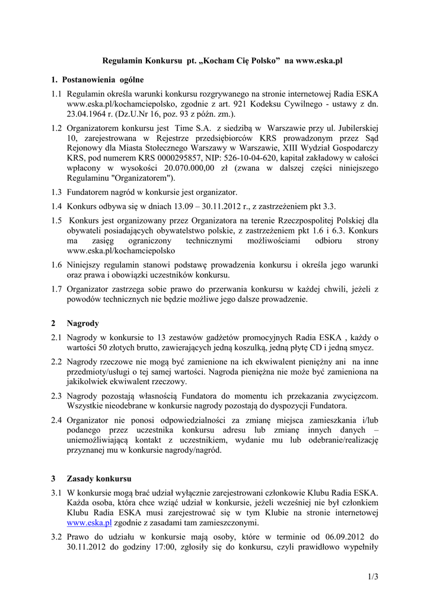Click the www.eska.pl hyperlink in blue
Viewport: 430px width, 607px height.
coord(89,523)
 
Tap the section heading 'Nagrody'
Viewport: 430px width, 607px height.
coord(83,324)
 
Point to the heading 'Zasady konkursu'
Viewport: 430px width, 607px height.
coord(100,478)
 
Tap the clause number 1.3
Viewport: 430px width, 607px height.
coord(57,192)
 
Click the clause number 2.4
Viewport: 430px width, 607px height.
coord(57,420)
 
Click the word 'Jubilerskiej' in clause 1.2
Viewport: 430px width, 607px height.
coord(356,127)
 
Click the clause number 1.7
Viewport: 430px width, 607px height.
coord(57,289)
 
